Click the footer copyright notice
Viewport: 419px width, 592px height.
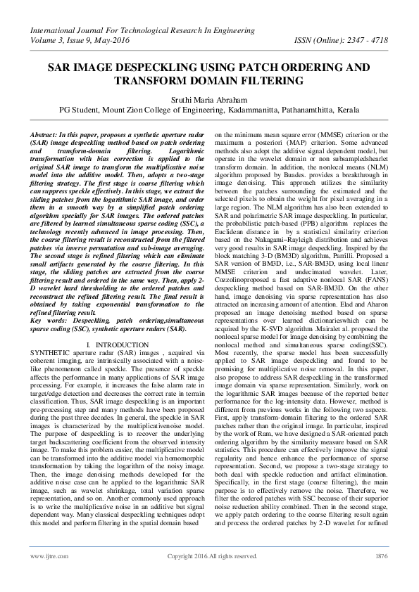211,575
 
